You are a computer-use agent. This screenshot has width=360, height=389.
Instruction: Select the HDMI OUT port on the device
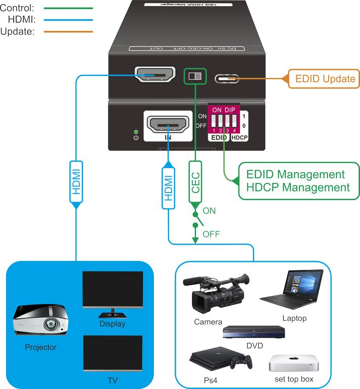[x=154, y=75]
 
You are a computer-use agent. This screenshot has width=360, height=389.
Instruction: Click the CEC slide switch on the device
[x=195, y=76]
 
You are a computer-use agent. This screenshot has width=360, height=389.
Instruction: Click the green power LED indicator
[x=135, y=132]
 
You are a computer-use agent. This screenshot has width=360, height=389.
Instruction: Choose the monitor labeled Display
[x=112, y=291]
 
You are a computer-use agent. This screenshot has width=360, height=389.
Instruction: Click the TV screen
[x=112, y=353]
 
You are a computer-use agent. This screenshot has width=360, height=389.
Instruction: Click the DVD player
[x=254, y=332]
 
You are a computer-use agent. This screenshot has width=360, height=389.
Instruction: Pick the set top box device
[x=294, y=363]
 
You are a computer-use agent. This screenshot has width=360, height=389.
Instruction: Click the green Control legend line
[x=68, y=8]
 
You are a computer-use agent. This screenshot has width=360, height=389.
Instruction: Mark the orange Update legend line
[x=68, y=31]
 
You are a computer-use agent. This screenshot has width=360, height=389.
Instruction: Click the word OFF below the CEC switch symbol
[x=211, y=234]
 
